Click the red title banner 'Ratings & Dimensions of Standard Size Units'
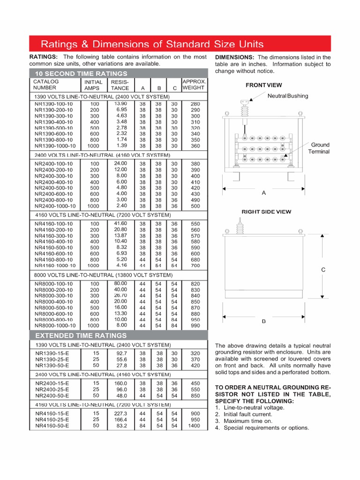point(152,45)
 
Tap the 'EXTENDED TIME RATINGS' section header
point(81,336)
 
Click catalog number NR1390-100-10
point(53,104)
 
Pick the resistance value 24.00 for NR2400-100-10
point(120,164)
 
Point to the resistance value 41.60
point(120,224)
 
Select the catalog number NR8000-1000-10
point(55,325)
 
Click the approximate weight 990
point(195,325)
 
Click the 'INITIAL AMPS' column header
point(94,85)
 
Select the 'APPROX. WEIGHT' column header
point(194,84)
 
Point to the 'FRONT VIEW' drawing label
point(264,85)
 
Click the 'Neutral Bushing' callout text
point(288,96)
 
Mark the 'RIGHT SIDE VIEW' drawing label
point(266,212)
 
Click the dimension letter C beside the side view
point(322,270)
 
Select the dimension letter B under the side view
point(263,322)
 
